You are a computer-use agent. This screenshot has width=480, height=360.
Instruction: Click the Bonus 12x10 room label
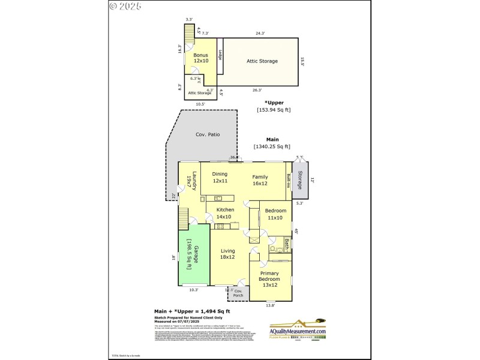click(200, 58)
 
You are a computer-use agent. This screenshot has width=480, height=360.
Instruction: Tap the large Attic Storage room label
click(262, 61)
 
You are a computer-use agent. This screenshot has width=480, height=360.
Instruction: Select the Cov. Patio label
click(208, 134)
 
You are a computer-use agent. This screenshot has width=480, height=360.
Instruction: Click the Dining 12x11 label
click(220, 178)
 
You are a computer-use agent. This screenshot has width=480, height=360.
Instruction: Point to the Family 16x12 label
click(260, 180)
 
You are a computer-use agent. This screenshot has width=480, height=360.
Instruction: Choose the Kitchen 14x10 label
click(224, 213)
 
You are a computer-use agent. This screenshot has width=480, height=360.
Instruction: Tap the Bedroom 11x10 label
click(275, 214)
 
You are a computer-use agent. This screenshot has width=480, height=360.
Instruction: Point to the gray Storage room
click(301, 180)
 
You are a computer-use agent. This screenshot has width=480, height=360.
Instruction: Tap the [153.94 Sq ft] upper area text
click(274, 110)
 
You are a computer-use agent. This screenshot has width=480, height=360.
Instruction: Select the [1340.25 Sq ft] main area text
click(272, 146)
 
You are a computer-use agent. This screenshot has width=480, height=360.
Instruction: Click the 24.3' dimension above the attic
click(259, 34)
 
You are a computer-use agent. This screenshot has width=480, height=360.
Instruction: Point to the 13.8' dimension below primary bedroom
click(270, 305)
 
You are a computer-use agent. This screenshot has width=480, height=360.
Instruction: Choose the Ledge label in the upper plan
click(220, 55)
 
